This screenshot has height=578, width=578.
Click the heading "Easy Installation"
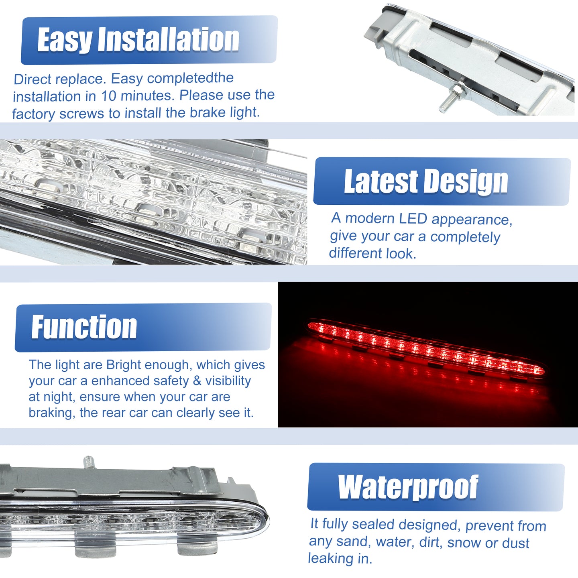click(x=138, y=40)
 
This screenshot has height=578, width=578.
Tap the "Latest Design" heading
click(x=426, y=181)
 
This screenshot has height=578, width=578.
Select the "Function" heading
click(x=84, y=327)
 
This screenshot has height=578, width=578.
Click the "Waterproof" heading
click(x=408, y=487)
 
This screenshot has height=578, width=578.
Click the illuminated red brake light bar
click(x=426, y=348)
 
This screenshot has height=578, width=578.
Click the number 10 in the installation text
click(x=108, y=96)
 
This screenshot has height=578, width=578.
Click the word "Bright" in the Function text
click(x=124, y=365)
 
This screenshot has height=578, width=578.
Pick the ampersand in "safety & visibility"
click(x=197, y=381)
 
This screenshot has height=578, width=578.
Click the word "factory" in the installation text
click(x=34, y=114)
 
